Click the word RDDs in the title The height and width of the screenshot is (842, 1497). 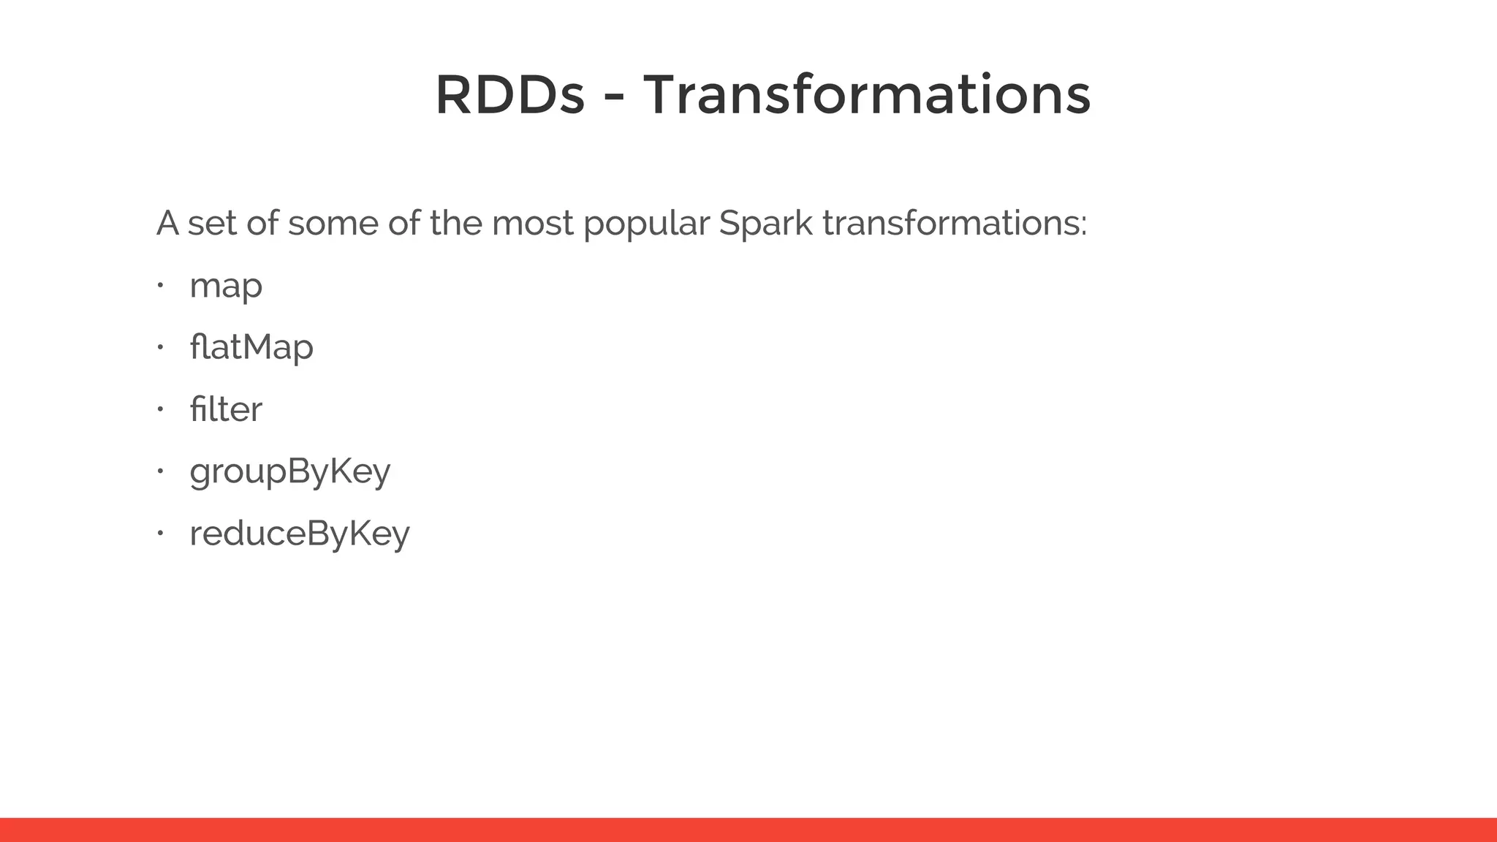click(509, 96)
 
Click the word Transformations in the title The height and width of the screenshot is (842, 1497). click(866, 96)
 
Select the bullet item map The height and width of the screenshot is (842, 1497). click(225, 286)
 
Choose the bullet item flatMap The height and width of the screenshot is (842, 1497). click(251, 346)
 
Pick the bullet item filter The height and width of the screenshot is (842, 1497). click(225, 409)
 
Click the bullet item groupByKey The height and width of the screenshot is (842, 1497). click(289, 471)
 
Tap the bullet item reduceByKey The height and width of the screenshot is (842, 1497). click(299, 534)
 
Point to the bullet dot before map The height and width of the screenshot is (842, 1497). click(159, 285)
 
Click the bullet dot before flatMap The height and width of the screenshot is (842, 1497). click(159, 347)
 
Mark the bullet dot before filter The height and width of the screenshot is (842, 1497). click(159, 409)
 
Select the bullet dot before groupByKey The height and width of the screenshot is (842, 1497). click(159, 471)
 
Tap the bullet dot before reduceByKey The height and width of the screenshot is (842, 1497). click(159, 534)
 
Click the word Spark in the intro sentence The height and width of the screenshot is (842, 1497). click(765, 223)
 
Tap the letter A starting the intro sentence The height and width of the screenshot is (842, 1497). click(167, 223)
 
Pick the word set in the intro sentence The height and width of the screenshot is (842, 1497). click(212, 223)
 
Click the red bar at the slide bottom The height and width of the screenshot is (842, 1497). click(748, 830)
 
